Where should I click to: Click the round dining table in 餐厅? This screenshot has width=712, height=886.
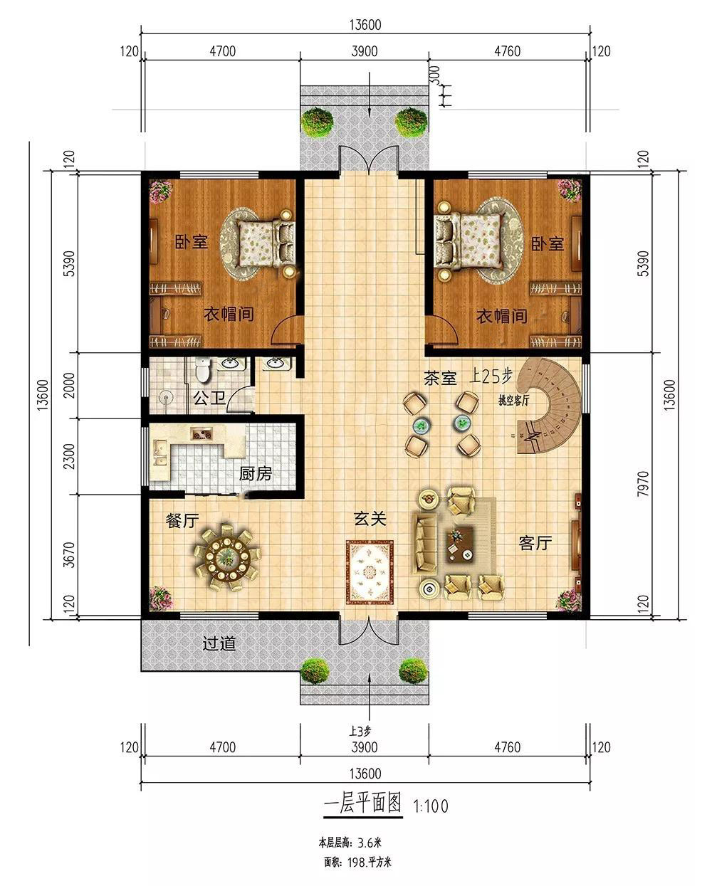pos(226,558)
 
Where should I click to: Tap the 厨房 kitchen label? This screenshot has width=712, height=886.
pos(256,474)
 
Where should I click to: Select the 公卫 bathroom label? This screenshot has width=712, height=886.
pos(209,398)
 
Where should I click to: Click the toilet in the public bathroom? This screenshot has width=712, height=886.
pos(203,369)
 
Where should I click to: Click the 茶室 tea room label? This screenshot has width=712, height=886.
pos(440,378)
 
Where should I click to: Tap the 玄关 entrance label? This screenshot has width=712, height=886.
pos(370,519)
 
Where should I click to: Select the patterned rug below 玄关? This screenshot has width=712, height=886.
pos(370,572)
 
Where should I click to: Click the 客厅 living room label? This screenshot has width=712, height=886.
pos(535,544)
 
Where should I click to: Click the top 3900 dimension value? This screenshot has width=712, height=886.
pos(365,51)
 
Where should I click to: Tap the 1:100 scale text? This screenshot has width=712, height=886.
pos(431,806)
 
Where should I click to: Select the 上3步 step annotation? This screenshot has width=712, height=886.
pos(360,732)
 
